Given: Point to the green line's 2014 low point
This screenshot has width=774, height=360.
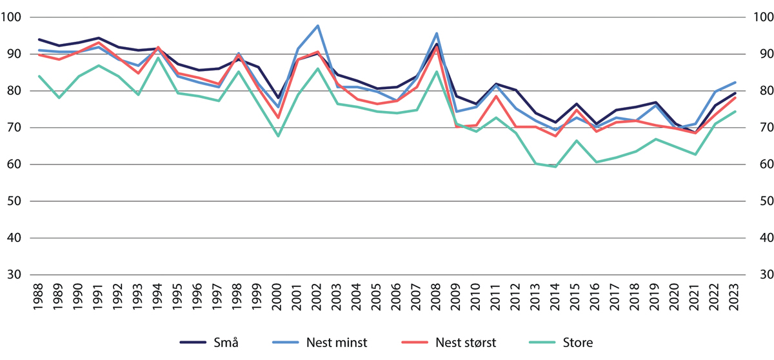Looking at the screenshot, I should [x=555, y=166].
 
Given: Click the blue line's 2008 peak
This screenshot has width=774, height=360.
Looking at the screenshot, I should [x=437, y=34].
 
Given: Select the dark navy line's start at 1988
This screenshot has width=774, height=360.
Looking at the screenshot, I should [x=40, y=39].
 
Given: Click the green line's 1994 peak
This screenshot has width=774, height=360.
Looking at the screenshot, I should [x=159, y=57].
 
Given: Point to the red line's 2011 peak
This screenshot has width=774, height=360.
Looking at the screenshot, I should [x=496, y=96].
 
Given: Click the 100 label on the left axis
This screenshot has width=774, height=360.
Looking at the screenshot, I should [x=12, y=17].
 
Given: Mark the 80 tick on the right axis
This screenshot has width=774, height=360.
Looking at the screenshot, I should [x=760, y=91].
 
